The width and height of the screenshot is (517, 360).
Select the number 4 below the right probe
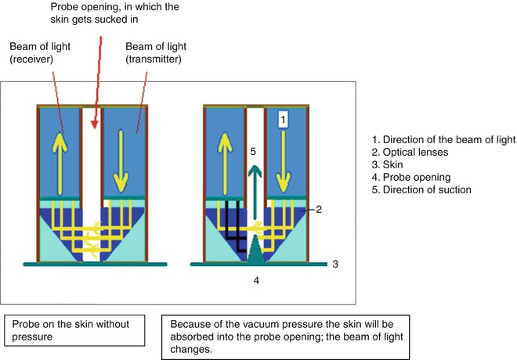254,278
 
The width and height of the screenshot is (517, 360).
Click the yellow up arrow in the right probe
221,153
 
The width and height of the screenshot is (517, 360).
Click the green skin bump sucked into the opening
255,252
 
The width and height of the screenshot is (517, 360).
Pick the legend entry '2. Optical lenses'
415,153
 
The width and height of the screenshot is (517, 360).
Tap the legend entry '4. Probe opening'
415,178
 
